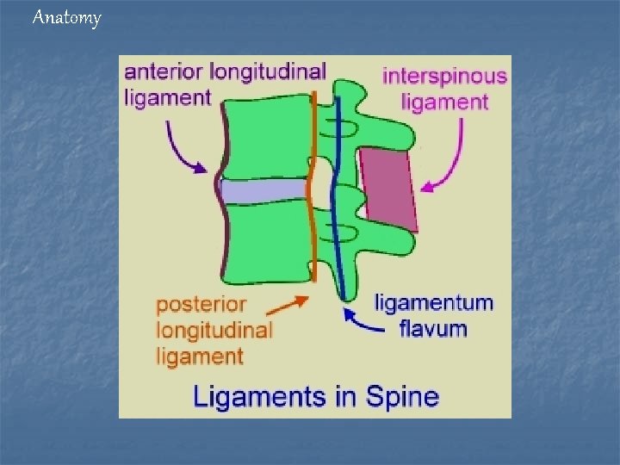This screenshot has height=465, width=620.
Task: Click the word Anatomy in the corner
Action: point(66,17)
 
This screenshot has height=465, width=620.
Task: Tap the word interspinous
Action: point(444,76)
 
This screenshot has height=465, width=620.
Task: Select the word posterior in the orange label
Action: point(201,305)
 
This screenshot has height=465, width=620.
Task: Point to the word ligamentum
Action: point(434,303)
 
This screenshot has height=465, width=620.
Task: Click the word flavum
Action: point(434,328)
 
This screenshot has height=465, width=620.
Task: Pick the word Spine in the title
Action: point(401,397)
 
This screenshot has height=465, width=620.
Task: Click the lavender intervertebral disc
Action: point(263,190)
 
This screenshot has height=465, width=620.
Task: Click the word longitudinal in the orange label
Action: point(214,330)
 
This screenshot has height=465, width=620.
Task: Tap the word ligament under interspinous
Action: point(444,102)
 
